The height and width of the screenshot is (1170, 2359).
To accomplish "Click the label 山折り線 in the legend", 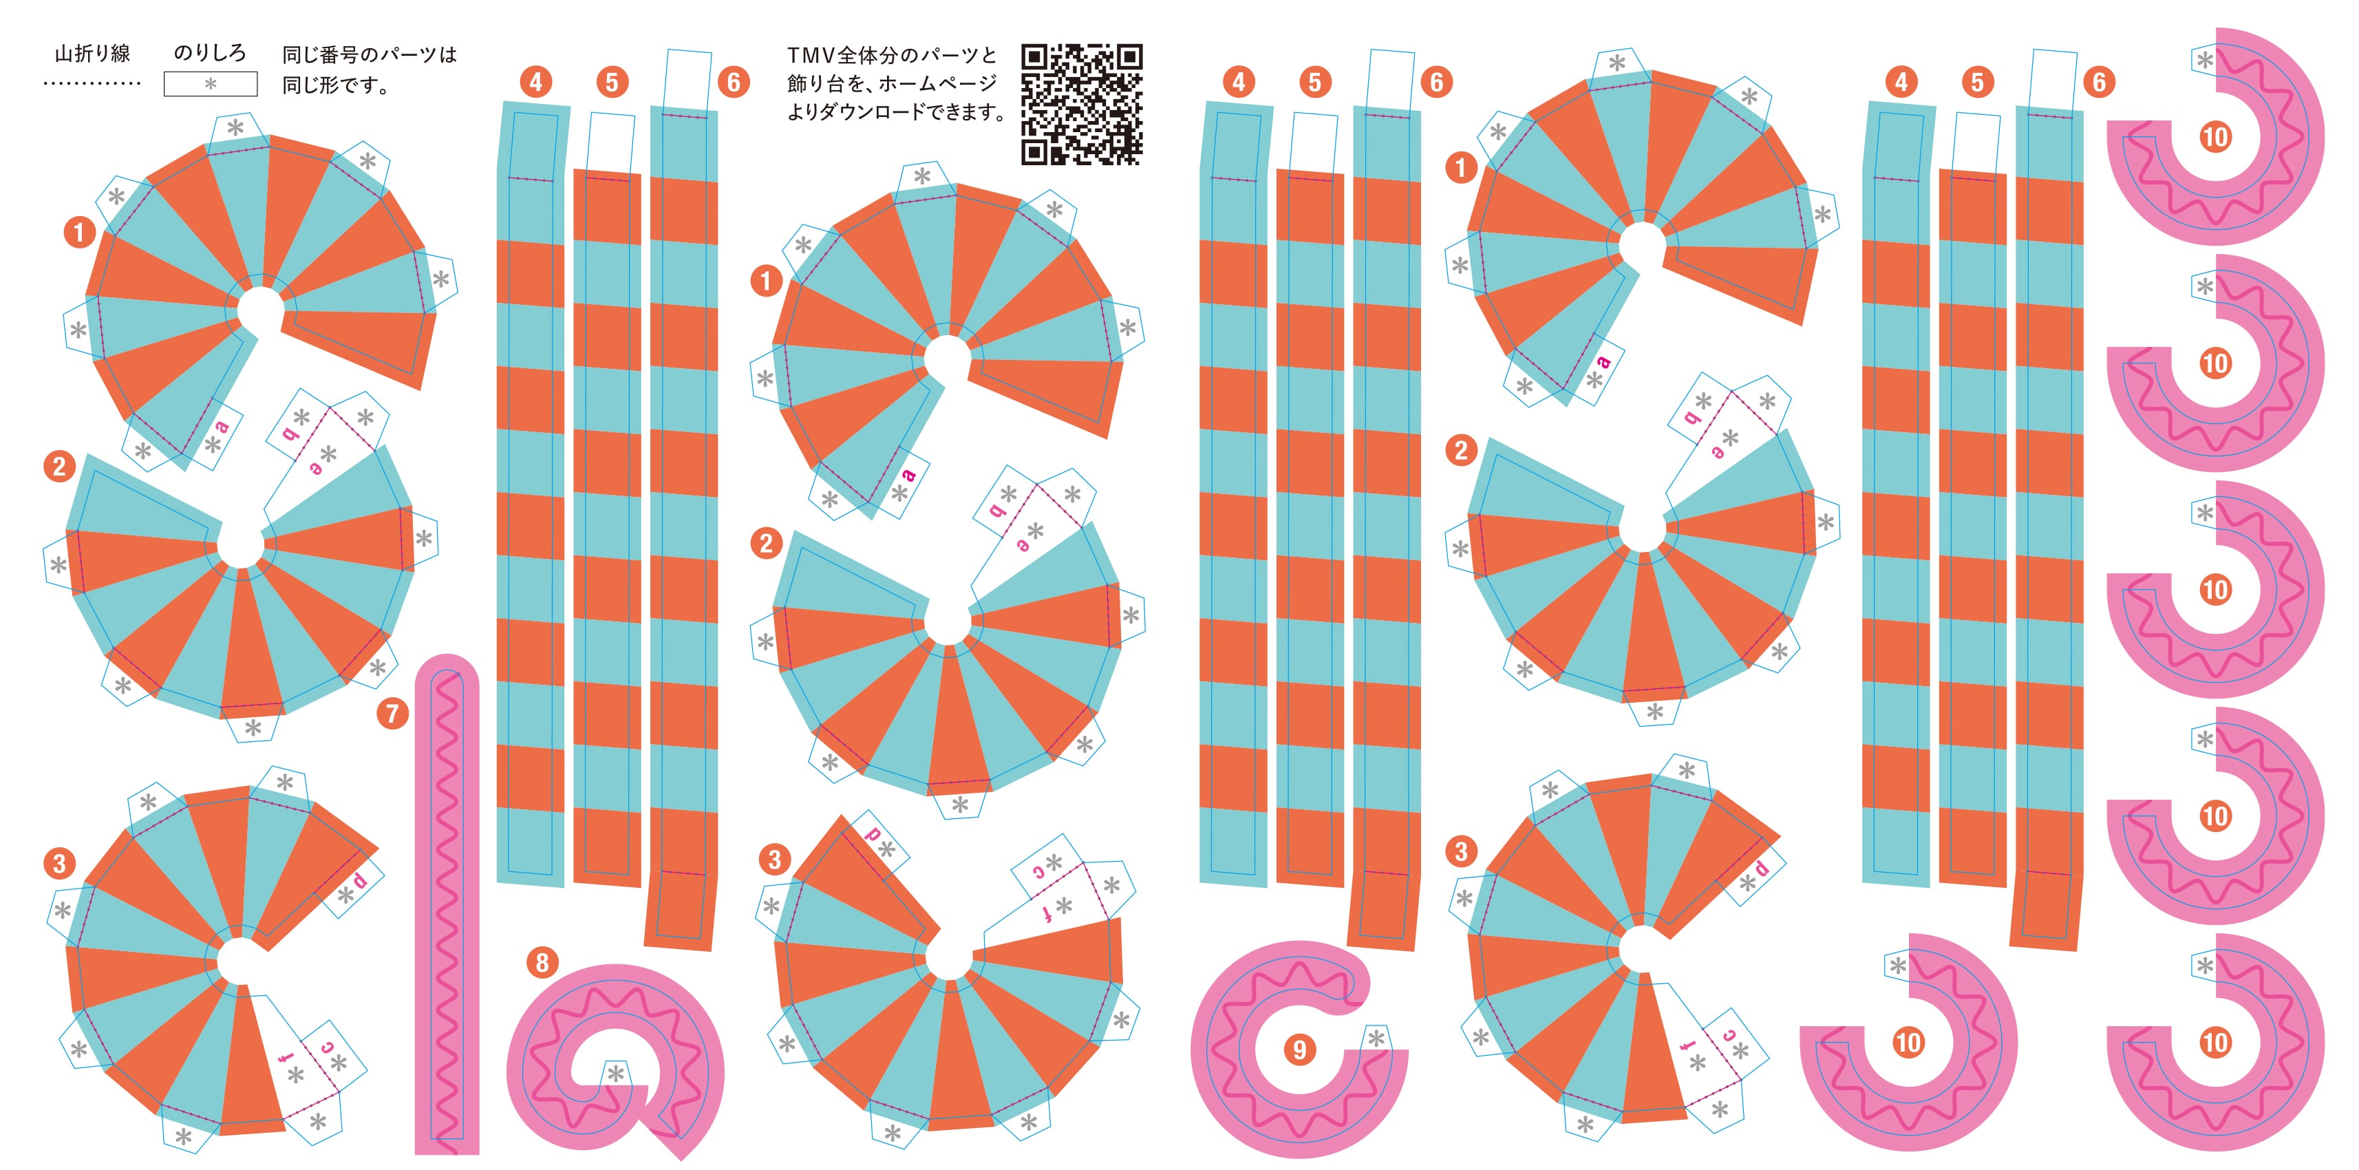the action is (92, 54).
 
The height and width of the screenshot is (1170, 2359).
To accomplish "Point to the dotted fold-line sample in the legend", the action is (92, 84).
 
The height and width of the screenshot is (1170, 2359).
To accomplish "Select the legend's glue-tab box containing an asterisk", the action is (211, 84).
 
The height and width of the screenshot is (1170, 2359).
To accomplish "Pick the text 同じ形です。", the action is (336, 86).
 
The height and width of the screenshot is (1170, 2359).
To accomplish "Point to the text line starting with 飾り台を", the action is (892, 83).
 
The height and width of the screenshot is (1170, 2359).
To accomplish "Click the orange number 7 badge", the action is (393, 713).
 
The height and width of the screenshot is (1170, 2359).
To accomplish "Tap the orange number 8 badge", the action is (542, 962).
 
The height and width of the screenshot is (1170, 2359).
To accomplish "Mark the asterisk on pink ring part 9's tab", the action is (1376, 1038).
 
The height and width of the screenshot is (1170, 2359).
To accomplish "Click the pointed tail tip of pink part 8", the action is (682, 1160).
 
